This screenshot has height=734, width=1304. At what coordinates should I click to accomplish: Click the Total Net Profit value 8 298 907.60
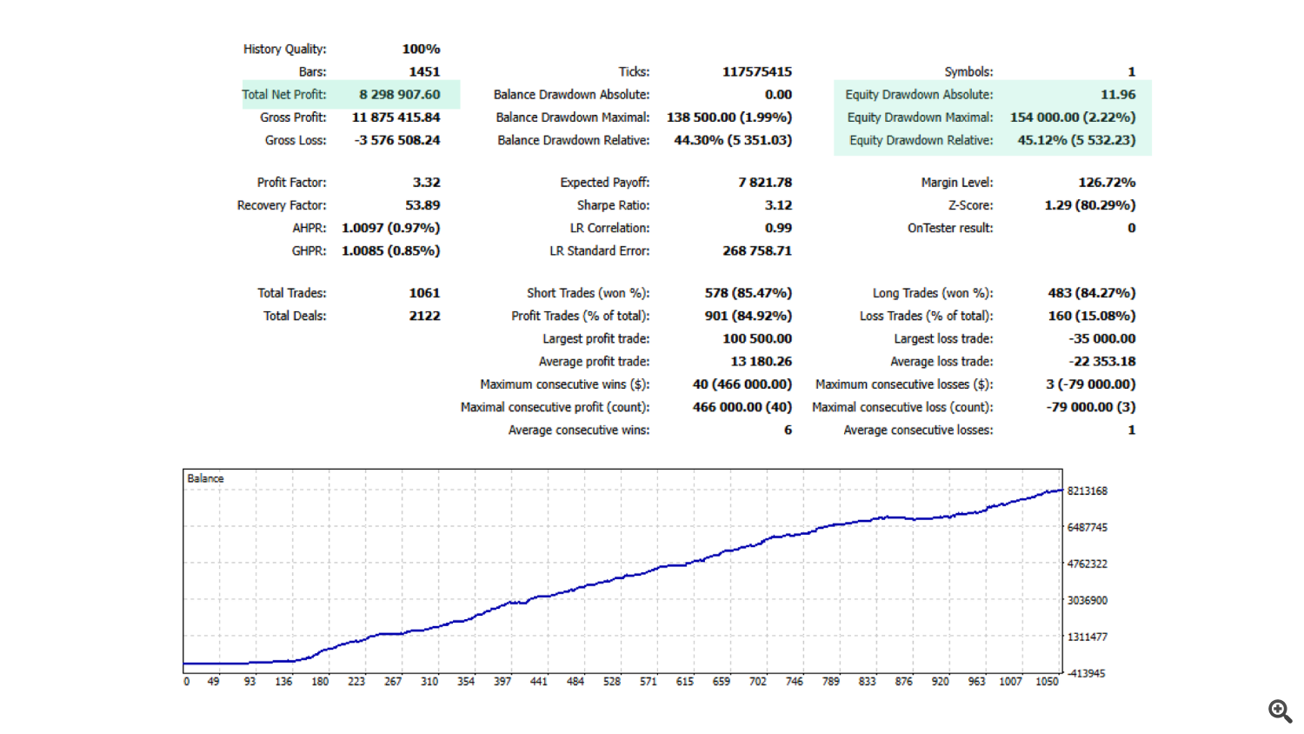400,95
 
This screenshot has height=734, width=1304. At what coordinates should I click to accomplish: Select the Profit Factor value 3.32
426,183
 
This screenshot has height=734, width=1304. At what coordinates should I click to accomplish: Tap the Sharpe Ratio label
613,205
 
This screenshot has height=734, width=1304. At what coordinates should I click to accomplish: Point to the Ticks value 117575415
756,72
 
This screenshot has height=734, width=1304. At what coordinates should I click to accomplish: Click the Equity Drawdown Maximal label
920,117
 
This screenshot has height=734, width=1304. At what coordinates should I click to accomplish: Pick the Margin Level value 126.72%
1107,183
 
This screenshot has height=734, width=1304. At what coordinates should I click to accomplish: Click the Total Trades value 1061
424,293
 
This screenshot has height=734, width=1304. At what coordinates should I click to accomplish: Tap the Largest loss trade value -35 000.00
1101,338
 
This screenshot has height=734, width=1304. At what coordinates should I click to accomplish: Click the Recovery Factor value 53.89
422,205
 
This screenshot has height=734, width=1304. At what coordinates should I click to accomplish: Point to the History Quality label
284,50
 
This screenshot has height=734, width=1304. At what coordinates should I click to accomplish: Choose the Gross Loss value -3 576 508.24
397,140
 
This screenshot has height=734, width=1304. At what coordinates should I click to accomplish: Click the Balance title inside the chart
205,478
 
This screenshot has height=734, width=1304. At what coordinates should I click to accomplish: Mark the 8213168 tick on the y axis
1087,491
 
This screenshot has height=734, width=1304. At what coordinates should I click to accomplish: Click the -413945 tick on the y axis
1086,673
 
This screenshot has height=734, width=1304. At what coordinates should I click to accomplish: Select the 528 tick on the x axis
612,682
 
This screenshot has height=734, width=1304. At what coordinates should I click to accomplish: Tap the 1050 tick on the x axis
1047,682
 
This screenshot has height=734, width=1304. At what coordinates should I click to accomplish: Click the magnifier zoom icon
1280,711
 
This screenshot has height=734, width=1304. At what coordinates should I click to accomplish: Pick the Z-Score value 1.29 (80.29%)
1089,205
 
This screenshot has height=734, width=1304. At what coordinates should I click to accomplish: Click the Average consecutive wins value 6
788,430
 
